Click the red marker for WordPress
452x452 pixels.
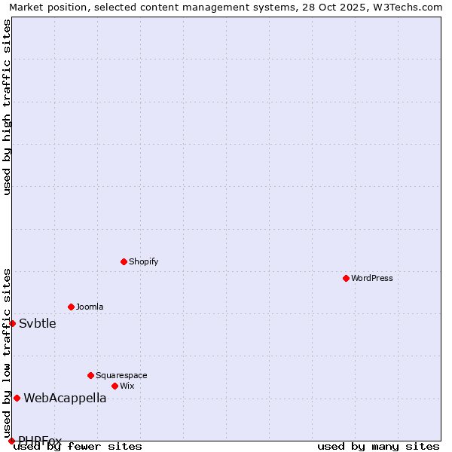(x=346, y=278)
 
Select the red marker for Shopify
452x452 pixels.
(x=124, y=261)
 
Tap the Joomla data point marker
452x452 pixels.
(x=71, y=307)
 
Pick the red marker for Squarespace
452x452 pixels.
(x=90, y=375)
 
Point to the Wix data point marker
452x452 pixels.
(x=115, y=386)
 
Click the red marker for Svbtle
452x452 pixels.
(x=12, y=323)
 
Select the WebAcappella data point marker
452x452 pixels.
(x=17, y=398)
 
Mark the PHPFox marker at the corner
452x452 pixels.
(x=11, y=441)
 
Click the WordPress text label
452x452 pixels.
(x=372, y=278)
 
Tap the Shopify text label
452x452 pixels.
(x=143, y=261)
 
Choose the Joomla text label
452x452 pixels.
(x=90, y=307)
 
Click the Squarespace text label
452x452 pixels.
(x=121, y=375)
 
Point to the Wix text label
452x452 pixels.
(x=127, y=386)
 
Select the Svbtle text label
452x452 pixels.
(x=38, y=324)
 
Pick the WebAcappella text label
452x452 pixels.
(x=65, y=399)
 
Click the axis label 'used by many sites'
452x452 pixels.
(x=378, y=447)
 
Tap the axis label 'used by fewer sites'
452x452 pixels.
(x=78, y=447)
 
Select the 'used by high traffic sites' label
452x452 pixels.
(x=7, y=107)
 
